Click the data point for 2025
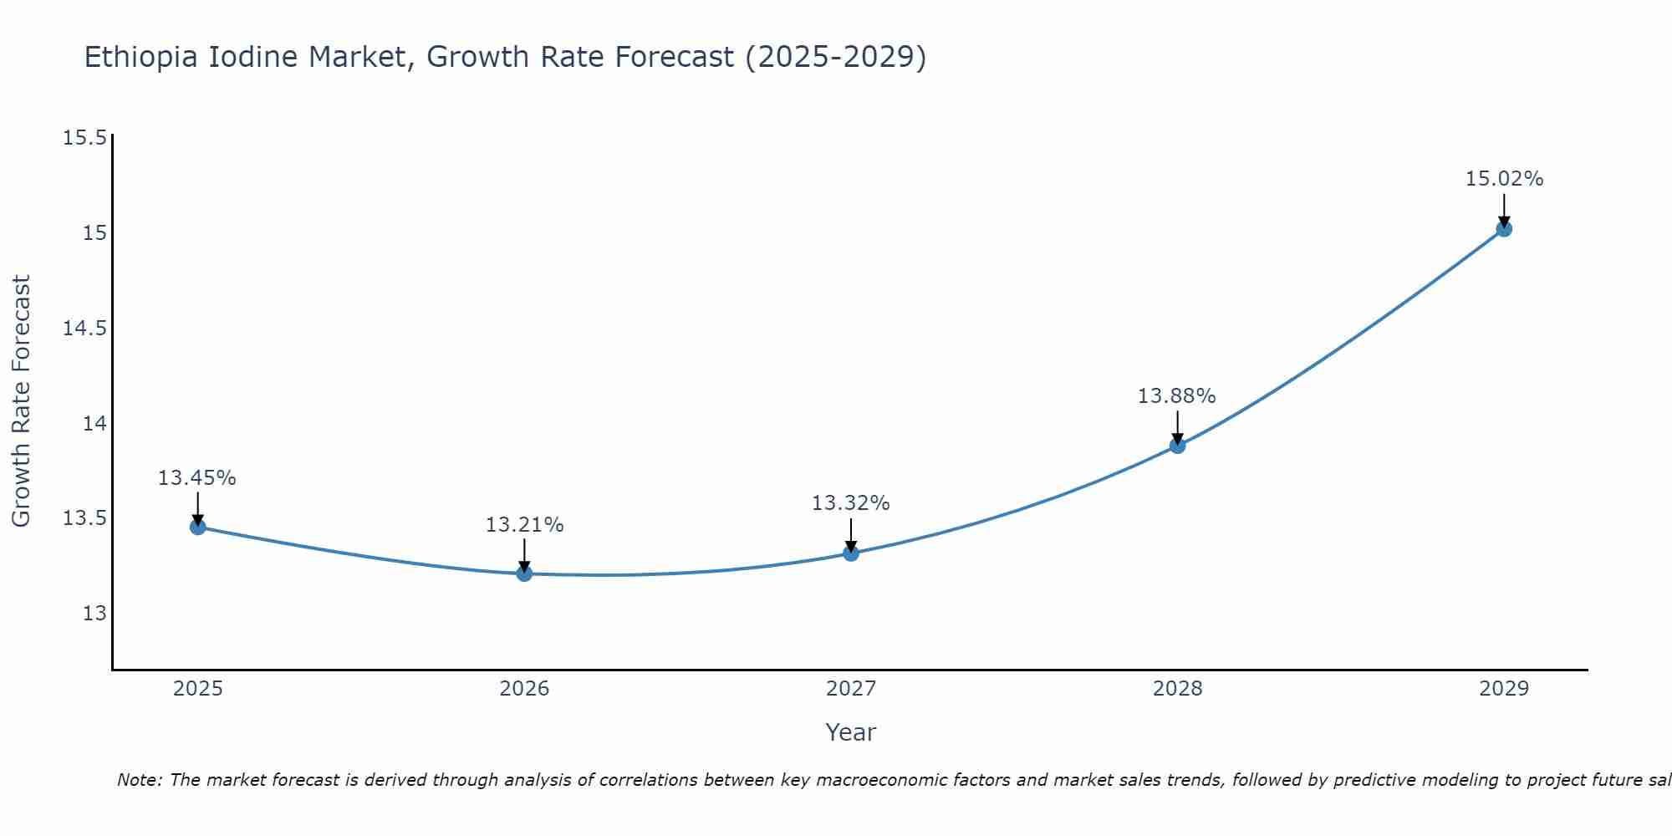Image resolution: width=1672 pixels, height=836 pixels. click(x=198, y=527)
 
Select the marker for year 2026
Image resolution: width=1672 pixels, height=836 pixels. click(x=524, y=573)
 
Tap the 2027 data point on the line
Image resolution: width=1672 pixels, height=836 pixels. click(x=851, y=553)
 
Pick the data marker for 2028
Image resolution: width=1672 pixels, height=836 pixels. click(x=1177, y=446)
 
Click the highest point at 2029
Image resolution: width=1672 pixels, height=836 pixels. click(x=1504, y=228)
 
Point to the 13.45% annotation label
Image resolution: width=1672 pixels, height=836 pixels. click(x=197, y=478)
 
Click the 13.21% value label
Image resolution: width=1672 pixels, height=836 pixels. click(x=524, y=525)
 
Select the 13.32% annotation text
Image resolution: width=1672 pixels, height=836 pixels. click(x=851, y=503)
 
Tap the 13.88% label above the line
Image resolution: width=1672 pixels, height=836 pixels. click(x=1176, y=396)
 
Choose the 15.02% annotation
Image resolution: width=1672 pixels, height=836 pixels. click(x=1504, y=179)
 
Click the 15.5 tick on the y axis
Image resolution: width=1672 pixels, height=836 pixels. click(x=85, y=138)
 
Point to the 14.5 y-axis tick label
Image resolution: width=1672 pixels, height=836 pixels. click(x=85, y=329)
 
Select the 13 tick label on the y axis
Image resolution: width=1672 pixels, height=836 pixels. click(x=94, y=614)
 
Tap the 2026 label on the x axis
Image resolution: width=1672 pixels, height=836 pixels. click(x=524, y=689)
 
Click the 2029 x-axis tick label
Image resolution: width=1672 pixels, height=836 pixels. click(x=1504, y=689)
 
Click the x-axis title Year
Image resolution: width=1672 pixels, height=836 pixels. click(x=850, y=732)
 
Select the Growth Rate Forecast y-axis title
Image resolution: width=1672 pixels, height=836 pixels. click(x=21, y=401)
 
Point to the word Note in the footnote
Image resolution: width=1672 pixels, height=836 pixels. click(x=139, y=780)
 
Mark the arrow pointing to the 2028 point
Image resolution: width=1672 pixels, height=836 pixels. click(x=1177, y=426)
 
